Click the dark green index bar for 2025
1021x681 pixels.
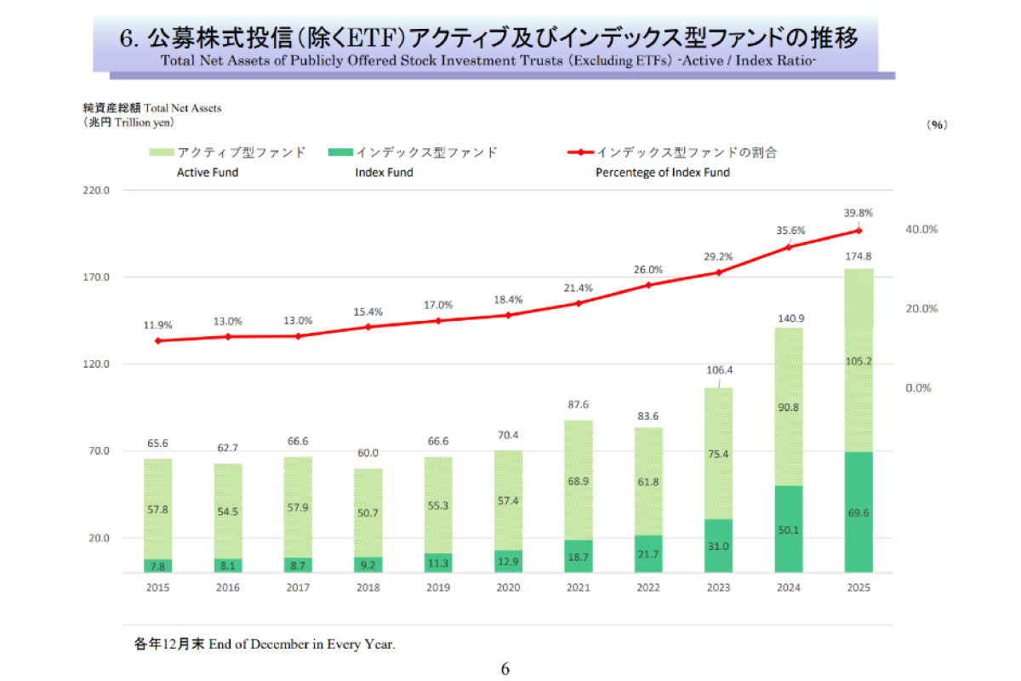click(858, 512)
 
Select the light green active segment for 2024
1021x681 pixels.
click(789, 407)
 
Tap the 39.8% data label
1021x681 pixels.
click(858, 213)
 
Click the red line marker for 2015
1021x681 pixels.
click(157, 340)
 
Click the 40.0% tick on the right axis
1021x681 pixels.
click(921, 230)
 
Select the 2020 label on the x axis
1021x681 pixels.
click(508, 587)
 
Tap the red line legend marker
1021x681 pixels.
click(580, 152)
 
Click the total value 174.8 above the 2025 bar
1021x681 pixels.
click(858, 255)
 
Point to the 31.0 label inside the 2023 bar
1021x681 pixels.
click(718, 546)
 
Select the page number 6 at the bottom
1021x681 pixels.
click(505, 669)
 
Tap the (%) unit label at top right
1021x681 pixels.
click(937, 124)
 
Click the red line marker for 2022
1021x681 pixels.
click(648, 284)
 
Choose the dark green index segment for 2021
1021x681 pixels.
click(579, 555)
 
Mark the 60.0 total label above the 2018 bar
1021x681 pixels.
click(368, 454)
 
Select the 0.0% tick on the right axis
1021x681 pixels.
click(919, 388)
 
